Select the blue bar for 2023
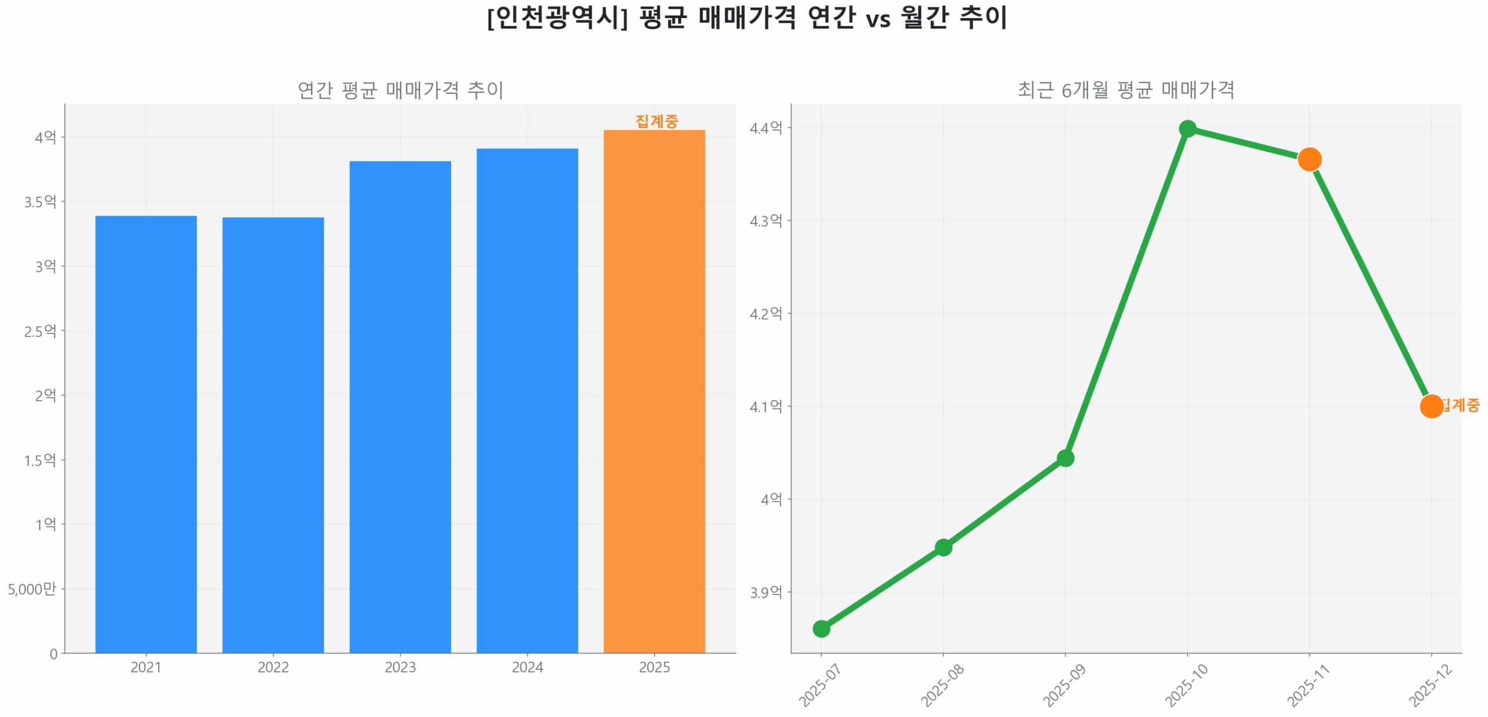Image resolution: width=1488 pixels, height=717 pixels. click(400, 407)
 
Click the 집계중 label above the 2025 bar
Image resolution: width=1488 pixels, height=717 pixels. click(656, 121)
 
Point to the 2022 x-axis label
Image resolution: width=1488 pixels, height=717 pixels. click(273, 666)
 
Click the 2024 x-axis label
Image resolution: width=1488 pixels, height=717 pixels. click(527, 666)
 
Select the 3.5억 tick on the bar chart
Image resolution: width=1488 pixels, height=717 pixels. click(40, 202)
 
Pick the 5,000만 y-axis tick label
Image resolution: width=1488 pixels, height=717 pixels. click(32, 589)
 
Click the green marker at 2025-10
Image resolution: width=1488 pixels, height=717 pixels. click(1187, 128)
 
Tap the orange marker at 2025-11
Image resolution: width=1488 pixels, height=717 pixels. click(1309, 159)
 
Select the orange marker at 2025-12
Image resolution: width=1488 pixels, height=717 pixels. click(1430, 406)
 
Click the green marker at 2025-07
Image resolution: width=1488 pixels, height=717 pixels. click(821, 628)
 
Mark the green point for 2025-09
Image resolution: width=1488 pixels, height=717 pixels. click(1065, 458)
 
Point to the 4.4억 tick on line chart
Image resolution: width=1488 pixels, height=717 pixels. click(766, 128)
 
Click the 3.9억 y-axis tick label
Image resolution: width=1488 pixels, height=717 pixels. click(766, 592)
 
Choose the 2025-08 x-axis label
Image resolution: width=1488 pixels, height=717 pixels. click(942, 685)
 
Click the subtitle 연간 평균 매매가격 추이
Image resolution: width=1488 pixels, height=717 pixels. click(400, 90)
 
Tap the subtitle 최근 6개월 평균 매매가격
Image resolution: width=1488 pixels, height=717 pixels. click(1125, 90)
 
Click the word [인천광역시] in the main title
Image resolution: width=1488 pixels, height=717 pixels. click(557, 17)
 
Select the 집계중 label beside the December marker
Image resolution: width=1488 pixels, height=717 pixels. click(1461, 404)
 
